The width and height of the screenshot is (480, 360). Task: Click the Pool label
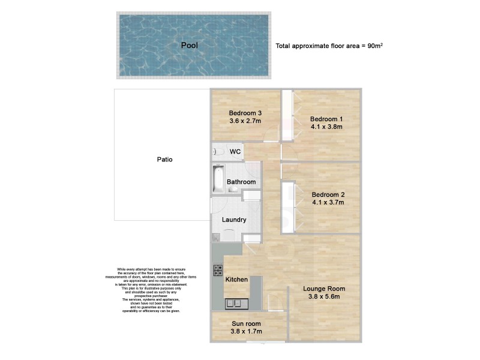click(190, 45)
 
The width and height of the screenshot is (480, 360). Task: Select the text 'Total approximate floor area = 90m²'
click(329, 46)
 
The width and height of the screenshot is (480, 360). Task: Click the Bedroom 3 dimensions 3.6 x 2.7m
click(245, 121)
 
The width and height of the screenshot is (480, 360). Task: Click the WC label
click(235, 152)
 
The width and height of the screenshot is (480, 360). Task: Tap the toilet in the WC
click(217, 152)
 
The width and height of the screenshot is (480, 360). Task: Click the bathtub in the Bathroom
click(218, 179)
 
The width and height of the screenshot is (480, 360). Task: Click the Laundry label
click(234, 220)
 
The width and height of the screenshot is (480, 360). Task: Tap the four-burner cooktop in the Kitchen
click(218, 271)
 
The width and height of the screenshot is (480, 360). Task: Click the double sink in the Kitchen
click(233, 304)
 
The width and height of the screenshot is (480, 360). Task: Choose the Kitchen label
click(236, 280)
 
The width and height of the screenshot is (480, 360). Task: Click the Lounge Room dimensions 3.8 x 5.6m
click(324, 296)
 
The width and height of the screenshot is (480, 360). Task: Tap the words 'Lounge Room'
click(324, 288)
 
